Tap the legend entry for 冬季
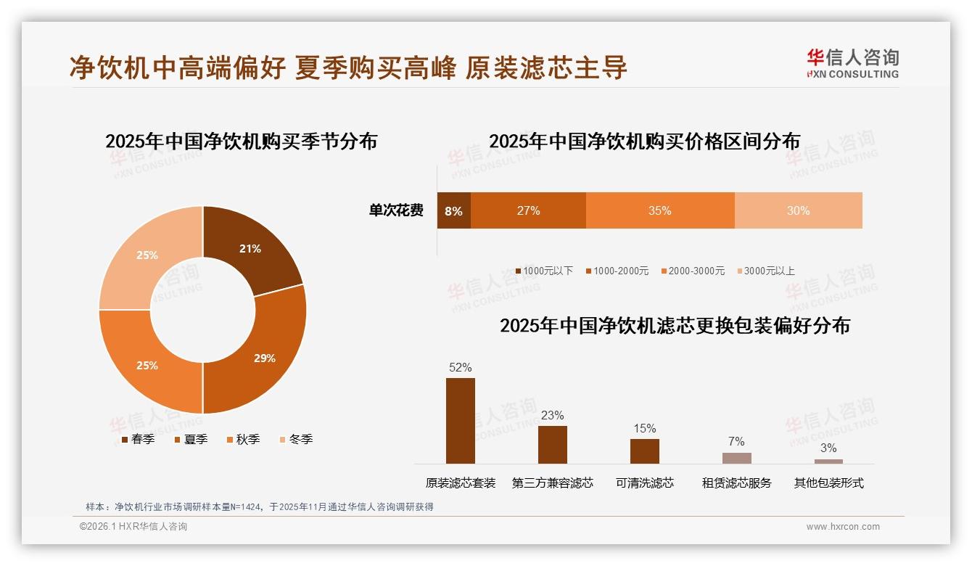(x=295, y=439)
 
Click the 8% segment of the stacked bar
(x=453, y=211)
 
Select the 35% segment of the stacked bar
(x=659, y=211)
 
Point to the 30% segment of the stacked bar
(x=798, y=211)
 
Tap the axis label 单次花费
(x=396, y=211)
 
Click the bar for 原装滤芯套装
(x=460, y=421)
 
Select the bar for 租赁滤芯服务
(x=736, y=458)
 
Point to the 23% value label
(x=552, y=415)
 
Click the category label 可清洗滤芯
(x=644, y=483)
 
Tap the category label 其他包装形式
(x=828, y=483)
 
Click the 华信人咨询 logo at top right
(x=852, y=63)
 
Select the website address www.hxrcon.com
(x=843, y=527)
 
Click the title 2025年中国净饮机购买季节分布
(x=242, y=141)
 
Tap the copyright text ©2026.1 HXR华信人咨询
(x=133, y=527)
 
